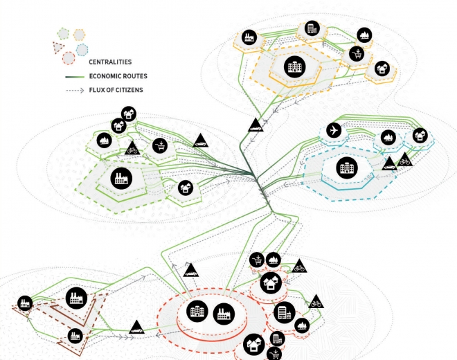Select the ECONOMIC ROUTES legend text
coord(118,76)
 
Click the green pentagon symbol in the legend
coord(63,35)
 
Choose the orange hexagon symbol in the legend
coord(79,34)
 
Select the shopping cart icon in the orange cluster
coord(357,53)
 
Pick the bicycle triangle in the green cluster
coord(132,147)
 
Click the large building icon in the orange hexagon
coord(294,68)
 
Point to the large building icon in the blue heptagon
coord(343,167)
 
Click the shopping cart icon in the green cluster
coord(161,145)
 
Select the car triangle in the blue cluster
coord(391,163)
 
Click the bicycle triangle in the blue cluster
coord(404,161)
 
